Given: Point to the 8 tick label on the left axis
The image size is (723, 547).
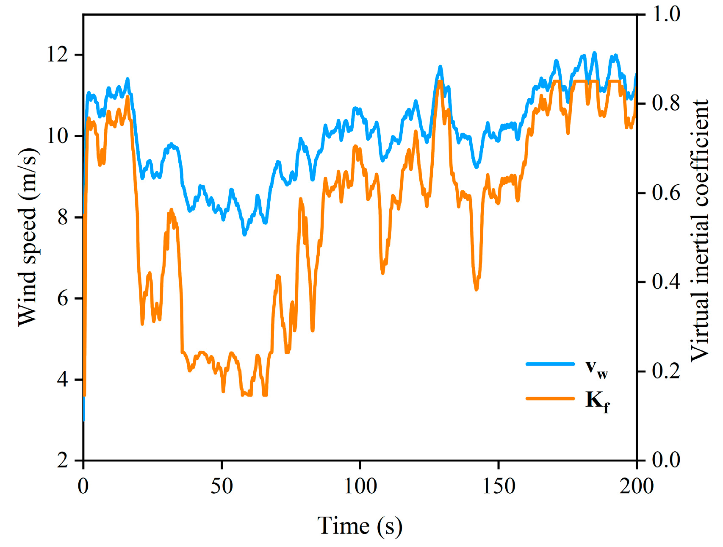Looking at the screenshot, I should [62, 217].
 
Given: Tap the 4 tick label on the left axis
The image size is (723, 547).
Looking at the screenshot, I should [62, 380].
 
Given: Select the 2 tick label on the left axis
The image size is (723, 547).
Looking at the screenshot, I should [62, 461].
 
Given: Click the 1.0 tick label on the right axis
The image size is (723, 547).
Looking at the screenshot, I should [666, 14].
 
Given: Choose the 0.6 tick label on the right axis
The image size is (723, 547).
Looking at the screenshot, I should [666, 193].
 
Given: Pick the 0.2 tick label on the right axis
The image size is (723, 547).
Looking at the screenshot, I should [666, 371].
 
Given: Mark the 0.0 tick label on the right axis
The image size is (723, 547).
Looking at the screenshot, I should [666, 460].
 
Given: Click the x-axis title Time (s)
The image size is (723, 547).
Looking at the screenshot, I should [360, 526].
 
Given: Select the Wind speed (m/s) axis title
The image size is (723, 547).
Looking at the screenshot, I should [28, 237].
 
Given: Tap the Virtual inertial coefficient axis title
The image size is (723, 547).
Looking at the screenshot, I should [700, 231].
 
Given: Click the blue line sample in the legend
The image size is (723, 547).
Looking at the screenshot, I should [550, 364].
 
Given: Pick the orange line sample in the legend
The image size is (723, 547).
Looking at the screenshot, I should [550, 398].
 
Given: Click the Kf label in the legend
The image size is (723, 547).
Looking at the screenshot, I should [597, 400].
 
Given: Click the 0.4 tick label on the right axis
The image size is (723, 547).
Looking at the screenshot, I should [666, 282].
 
